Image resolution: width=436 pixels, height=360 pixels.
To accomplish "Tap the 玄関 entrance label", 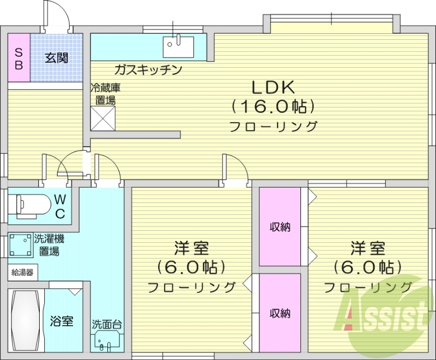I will [x=56, y=58].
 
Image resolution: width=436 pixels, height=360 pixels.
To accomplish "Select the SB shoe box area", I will [x=19, y=58].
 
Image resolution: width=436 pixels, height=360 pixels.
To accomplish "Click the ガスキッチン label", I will [x=148, y=70].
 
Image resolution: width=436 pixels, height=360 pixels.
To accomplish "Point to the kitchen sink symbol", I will [x=177, y=45].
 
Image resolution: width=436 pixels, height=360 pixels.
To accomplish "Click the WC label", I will [x=60, y=206].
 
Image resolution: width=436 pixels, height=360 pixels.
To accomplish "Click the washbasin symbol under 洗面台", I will [x=106, y=341].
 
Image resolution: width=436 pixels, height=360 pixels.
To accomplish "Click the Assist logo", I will [x=384, y=316].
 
